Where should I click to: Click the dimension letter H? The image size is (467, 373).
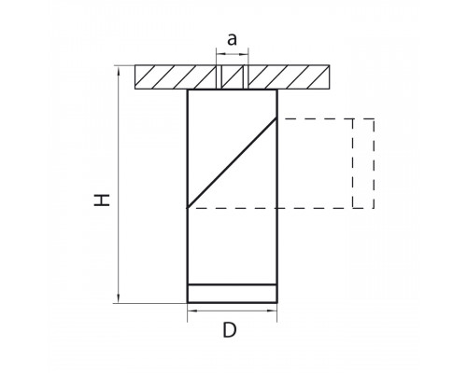pos(102,200)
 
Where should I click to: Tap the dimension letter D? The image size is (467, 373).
pos(230,330)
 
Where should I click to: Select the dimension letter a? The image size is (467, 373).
pos(232,39)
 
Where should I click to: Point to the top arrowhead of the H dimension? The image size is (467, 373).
pos(119,71)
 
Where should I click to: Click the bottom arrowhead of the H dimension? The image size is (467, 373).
pos(119,297)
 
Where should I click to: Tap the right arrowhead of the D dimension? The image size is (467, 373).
pos(272,311)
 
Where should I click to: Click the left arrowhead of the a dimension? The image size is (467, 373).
pos(220,54)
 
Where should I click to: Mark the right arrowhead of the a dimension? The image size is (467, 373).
pos(244,54)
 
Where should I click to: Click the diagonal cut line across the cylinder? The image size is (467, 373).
pos(232,162)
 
